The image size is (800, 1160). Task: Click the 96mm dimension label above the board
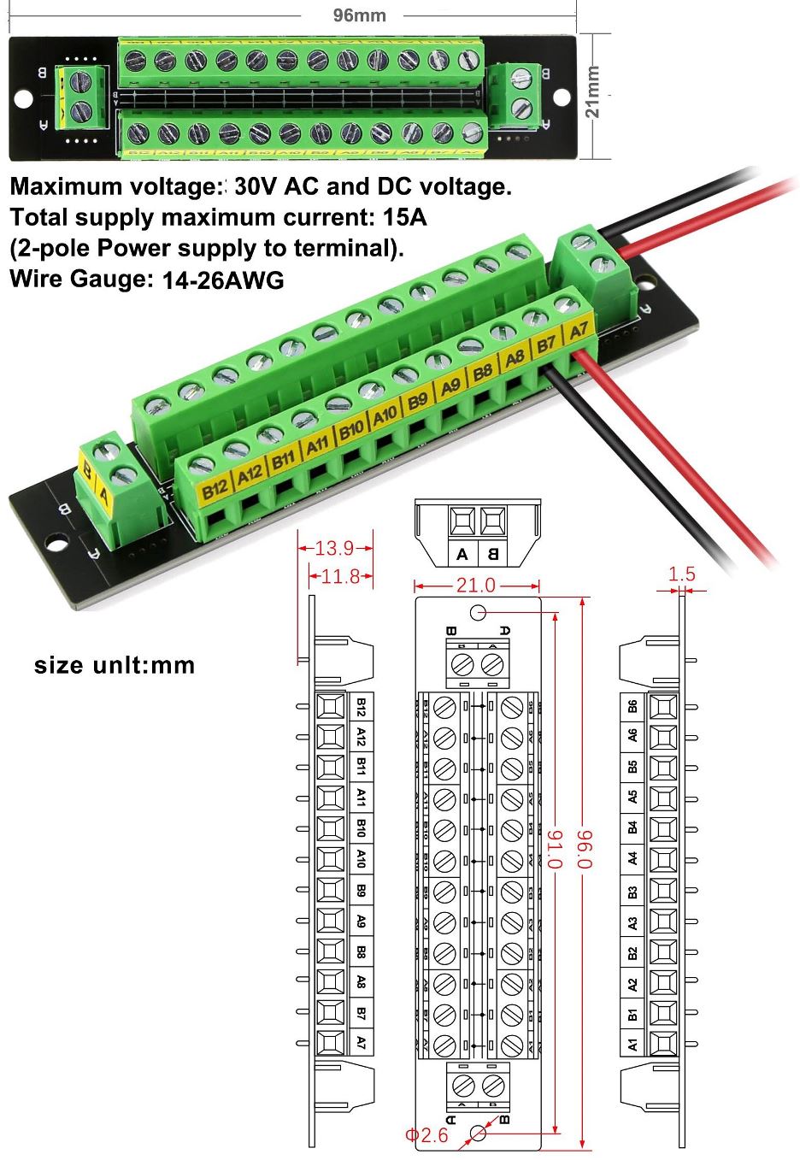[x=359, y=15]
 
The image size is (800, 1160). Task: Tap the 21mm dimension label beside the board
[x=592, y=92]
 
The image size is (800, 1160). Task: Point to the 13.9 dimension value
[x=334, y=549]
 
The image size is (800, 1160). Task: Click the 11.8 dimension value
[x=340, y=577]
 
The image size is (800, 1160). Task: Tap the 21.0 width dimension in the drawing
[x=475, y=586]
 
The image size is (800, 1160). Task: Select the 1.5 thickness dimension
[x=682, y=574]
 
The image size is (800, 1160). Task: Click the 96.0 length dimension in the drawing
[x=585, y=849]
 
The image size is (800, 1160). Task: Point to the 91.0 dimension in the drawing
[x=555, y=849]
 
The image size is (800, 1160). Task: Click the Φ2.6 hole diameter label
[x=426, y=1135]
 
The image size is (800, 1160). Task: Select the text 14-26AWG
[x=223, y=280]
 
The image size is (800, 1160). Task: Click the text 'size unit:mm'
[x=115, y=665]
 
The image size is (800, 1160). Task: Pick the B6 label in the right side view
[x=632, y=706]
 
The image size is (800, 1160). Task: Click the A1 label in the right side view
[x=632, y=1044]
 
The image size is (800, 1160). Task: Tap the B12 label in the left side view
[x=361, y=707]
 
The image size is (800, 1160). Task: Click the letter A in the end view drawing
[x=462, y=554]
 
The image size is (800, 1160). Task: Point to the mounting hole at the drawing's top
[x=478, y=612]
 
